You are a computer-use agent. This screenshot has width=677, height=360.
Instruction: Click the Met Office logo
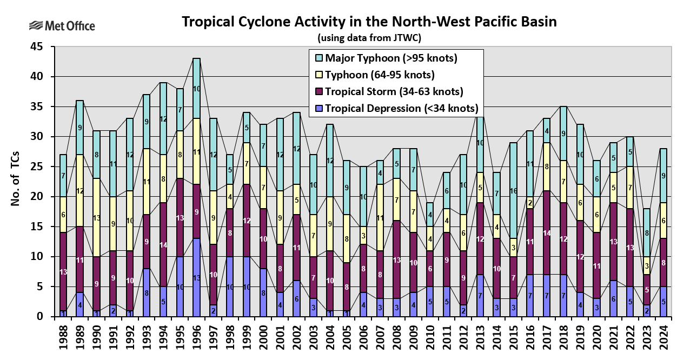coord(62,25)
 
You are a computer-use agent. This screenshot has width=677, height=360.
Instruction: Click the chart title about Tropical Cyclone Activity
coord(369,22)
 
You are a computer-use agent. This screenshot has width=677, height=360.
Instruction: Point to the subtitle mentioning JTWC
coord(369,37)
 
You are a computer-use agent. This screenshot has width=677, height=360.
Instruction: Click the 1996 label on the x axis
coord(197,336)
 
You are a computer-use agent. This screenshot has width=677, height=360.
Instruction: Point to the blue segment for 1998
coord(230,286)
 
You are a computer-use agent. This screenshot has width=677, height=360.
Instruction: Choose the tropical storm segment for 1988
coord(63,271)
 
